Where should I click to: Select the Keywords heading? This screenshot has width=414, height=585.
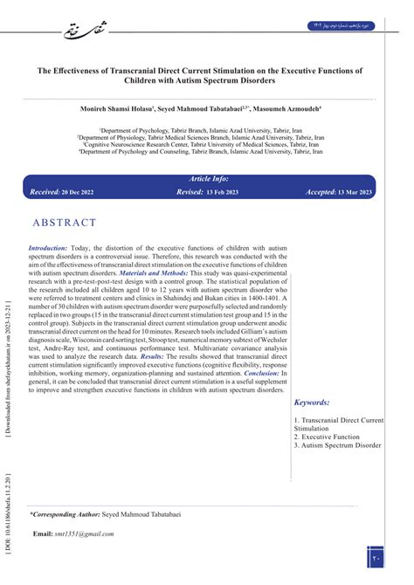click(x=312, y=403)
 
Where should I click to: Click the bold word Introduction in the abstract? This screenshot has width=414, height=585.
click(x=48, y=247)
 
